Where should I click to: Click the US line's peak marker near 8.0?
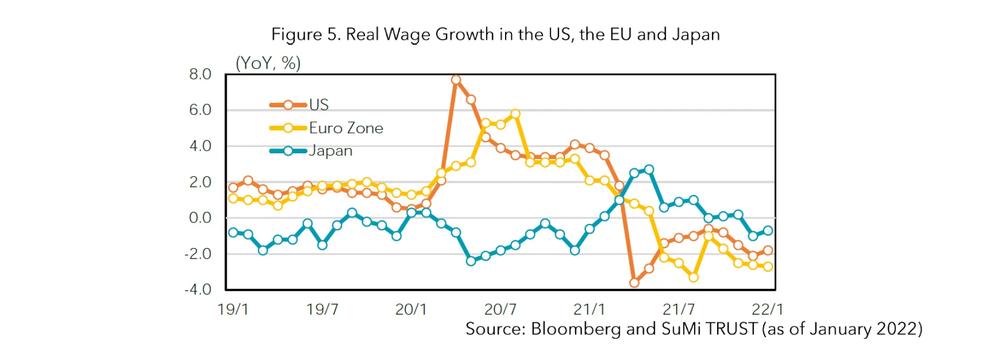(456, 80)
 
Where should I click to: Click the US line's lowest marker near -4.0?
(634, 283)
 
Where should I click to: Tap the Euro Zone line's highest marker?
(515, 114)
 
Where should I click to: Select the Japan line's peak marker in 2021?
(649, 170)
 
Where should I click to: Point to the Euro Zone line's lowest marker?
(694, 277)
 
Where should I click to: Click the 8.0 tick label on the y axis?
(200, 74)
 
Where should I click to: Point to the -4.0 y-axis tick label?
(198, 289)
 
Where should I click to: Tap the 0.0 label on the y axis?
(200, 218)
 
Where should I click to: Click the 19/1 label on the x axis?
(233, 309)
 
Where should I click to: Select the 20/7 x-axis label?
(500, 309)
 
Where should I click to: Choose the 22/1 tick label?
(767, 309)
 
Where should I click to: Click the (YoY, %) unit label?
(268, 63)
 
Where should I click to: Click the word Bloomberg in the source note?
(575, 329)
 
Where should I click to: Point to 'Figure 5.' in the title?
(306, 35)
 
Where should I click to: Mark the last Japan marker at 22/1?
(768, 231)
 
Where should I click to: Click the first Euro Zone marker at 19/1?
(233, 199)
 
